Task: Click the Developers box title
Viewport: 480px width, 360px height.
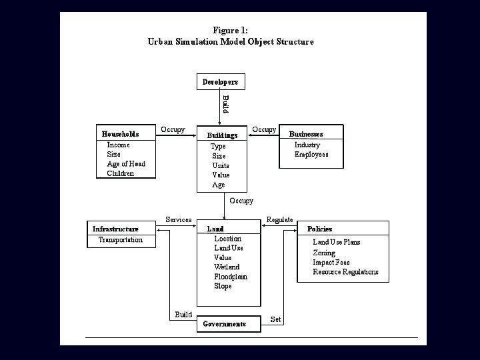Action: [x=220, y=82]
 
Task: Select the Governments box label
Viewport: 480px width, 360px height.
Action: [x=225, y=324]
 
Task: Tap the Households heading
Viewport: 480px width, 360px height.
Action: [x=120, y=134]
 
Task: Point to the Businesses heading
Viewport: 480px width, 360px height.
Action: [x=306, y=134]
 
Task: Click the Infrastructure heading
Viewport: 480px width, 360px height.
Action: [x=115, y=229]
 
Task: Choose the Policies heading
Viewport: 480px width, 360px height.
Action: [x=319, y=229]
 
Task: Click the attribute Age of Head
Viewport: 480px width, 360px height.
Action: [x=126, y=164]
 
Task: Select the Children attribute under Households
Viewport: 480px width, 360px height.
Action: [x=120, y=173]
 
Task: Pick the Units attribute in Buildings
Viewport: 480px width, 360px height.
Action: [x=221, y=165]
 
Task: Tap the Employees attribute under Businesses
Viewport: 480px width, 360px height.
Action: [x=311, y=155]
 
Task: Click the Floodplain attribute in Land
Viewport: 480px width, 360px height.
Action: [x=231, y=277]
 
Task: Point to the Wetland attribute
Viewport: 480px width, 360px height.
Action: [x=227, y=267]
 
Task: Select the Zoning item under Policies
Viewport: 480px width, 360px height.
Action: [x=324, y=253]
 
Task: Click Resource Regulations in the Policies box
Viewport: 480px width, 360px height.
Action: [x=345, y=272]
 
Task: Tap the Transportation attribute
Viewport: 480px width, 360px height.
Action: [x=120, y=240]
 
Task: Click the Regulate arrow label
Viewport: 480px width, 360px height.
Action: [x=279, y=220]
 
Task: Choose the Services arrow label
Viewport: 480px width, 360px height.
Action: [x=179, y=219]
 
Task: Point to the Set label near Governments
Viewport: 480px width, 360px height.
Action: [x=275, y=319]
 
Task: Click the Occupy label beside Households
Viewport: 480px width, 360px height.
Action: [x=173, y=129]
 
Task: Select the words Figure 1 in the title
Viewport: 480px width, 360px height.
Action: [x=230, y=30]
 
